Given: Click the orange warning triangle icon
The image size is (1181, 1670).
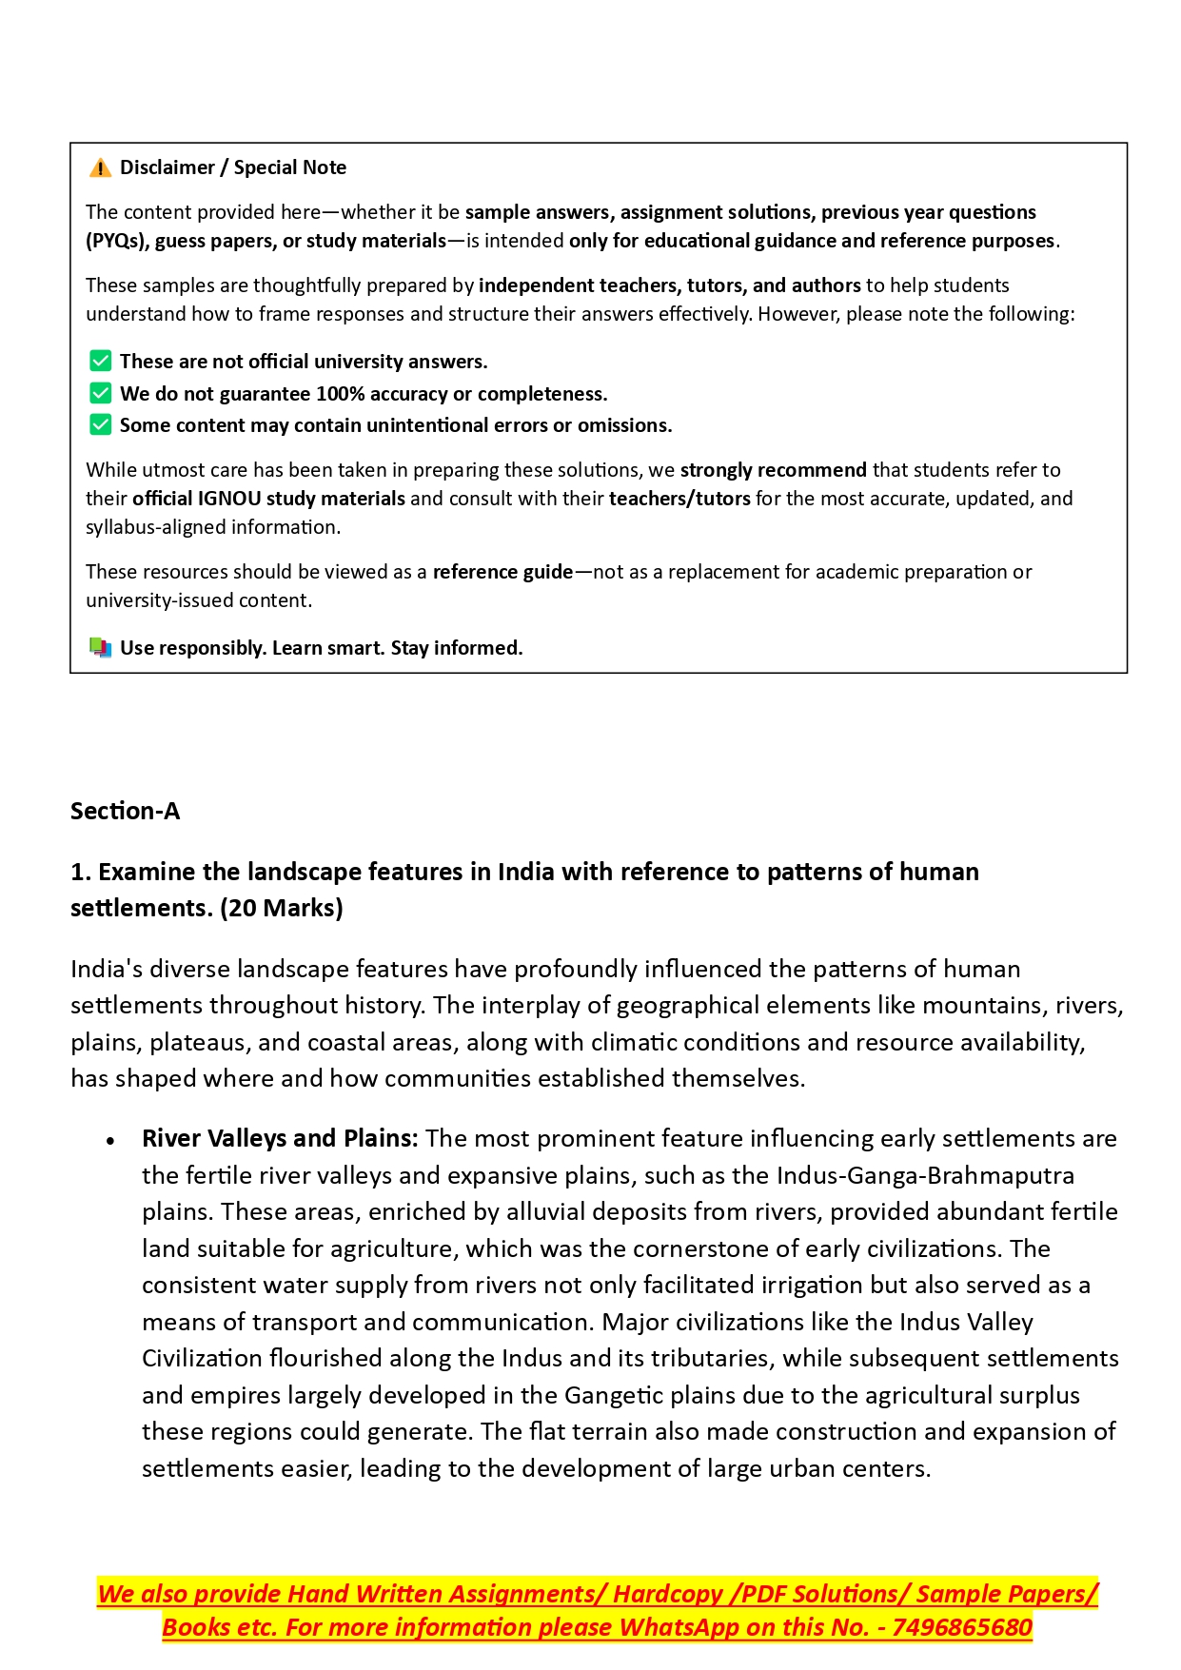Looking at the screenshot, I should click(100, 168).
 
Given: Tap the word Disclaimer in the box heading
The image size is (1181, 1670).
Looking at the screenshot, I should click(167, 167).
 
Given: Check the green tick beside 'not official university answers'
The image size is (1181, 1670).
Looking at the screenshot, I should click(100, 362).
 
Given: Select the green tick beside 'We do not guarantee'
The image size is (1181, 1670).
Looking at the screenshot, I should click(100, 393).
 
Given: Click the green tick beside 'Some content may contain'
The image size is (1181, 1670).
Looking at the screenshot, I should click(100, 424).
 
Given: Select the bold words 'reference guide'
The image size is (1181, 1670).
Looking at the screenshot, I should click(502, 572).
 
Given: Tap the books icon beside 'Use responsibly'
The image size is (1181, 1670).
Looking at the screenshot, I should click(100, 648).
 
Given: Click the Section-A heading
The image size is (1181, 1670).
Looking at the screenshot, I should click(125, 811).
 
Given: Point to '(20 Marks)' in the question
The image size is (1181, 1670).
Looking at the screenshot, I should click(281, 908).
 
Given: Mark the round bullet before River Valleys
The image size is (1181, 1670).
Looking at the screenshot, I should click(111, 1140).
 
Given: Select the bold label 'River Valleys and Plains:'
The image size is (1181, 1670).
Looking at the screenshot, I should click(280, 1139).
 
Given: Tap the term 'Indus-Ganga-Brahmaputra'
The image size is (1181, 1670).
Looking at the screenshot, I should click(925, 1175).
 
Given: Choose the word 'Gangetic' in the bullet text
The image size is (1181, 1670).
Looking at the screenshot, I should click(615, 1395).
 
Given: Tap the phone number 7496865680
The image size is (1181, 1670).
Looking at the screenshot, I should click(962, 1627).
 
